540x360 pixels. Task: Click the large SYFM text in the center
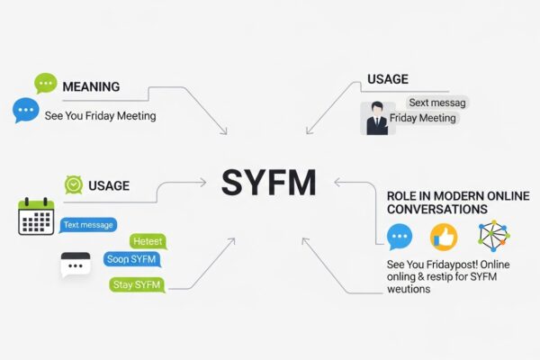pos(268,184)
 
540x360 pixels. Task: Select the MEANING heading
pos(92,86)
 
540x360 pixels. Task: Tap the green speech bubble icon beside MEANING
pos(45,84)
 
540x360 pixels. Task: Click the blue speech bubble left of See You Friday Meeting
pos(25,111)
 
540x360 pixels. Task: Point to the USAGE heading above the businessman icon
pos(388,80)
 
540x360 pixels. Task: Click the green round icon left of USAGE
pos(74,184)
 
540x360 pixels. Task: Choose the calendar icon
pos(36,217)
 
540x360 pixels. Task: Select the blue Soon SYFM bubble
pos(130,258)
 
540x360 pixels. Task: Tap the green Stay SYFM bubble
pos(136,284)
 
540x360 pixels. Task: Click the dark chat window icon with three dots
pos(76,265)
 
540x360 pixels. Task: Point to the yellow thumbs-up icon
pos(444,237)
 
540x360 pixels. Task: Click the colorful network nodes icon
pos(493,236)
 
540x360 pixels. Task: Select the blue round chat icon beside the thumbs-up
pos(399,238)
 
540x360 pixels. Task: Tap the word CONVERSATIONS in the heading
pos(436,209)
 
